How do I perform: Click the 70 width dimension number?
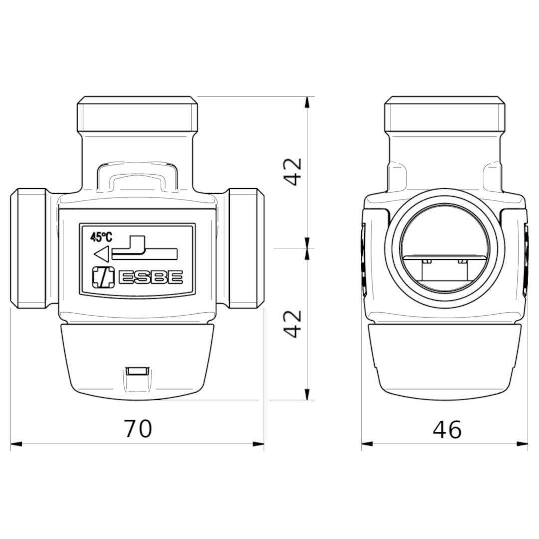138,428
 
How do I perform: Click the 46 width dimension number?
447,429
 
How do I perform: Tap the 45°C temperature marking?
101,237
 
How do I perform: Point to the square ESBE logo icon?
103,277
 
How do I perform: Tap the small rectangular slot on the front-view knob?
137,371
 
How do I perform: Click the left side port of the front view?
28,248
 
